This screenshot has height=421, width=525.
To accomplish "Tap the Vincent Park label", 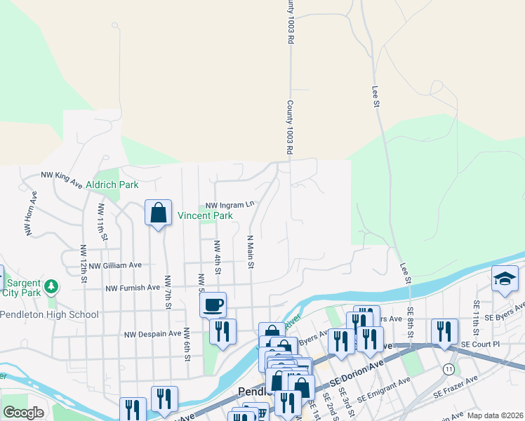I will pyautogui.click(x=204, y=216).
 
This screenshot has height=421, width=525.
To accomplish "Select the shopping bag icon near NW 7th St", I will pyautogui.click(x=158, y=213).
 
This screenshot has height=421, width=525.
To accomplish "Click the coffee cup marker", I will pyautogui.click(x=213, y=305).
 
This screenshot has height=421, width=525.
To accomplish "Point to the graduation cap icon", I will pyautogui.click(x=505, y=279).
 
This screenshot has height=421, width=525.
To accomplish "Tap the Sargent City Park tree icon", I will pyautogui.click(x=51, y=286).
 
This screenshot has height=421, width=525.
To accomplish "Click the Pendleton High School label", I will pyautogui.click(x=49, y=314).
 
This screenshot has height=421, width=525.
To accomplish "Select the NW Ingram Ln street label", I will pyautogui.click(x=230, y=205).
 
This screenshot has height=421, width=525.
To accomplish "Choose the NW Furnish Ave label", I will pyautogui.click(x=133, y=288).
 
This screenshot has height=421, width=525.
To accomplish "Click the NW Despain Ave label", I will pyautogui.click(x=152, y=334).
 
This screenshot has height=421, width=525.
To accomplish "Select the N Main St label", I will pyautogui.click(x=249, y=252).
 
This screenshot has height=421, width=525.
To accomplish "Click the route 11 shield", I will pyautogui.click(x=448, y=368).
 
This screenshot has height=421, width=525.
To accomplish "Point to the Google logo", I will pyautogui.click(x=23, y=413).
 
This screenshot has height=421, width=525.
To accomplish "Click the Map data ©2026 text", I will pyautogui.click(x=495, y=415).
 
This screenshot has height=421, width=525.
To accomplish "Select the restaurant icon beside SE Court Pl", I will pyautogui.click(x=444, y=331).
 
